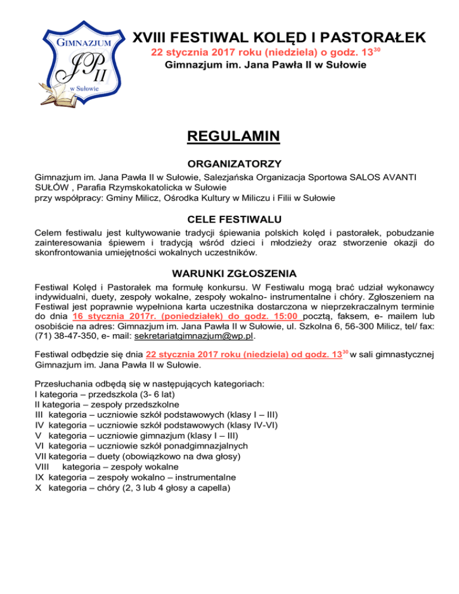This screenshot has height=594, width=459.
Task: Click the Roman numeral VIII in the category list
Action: click(45, 467)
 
